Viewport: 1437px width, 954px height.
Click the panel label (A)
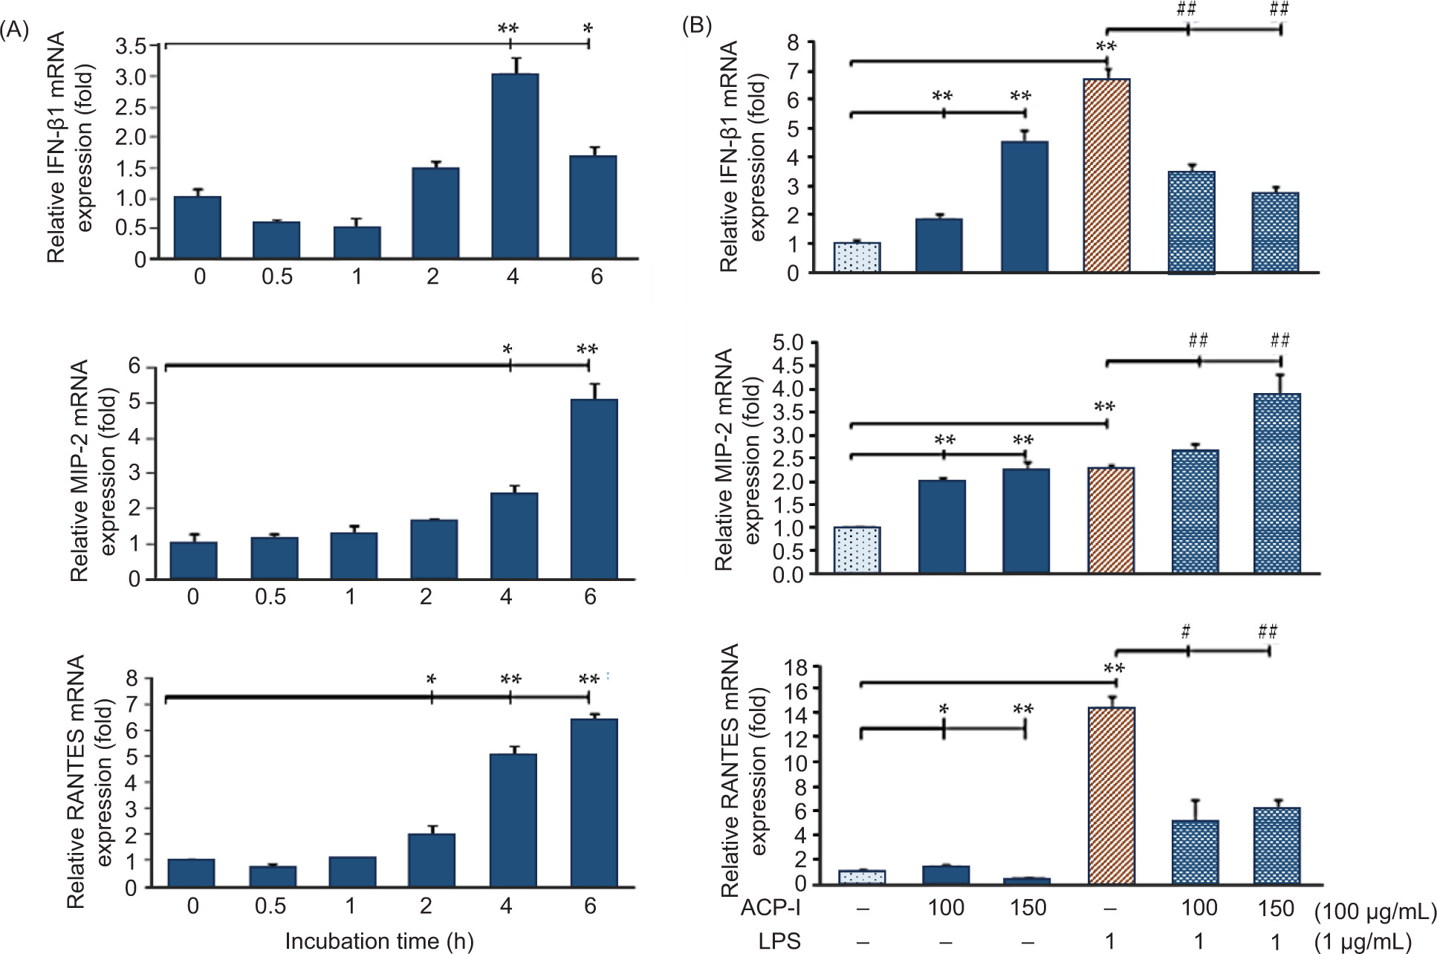click(15, 30)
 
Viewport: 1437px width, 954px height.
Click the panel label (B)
click(697, 26)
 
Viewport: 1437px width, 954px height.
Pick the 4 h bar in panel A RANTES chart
click(513, 820)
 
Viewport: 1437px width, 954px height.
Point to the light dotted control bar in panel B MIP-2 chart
click(857, 550)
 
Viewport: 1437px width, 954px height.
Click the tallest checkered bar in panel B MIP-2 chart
click(1277, 483)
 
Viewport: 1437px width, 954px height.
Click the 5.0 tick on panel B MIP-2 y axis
click(788, 343)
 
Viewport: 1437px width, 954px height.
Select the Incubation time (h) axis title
click(379, 941)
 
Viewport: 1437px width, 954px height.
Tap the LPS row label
click(779, 941)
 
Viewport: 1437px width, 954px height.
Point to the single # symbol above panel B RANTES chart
click(1186, 632)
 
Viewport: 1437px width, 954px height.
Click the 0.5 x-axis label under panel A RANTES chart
click(270, 906)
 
